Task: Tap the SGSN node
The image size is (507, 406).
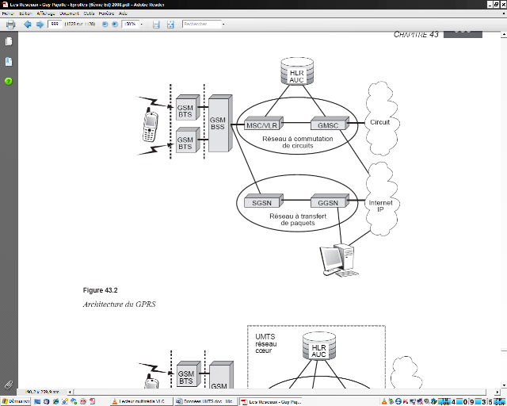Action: [262, 203]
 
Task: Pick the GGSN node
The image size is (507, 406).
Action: [324, 203]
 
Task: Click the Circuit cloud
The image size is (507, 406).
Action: [380, 122]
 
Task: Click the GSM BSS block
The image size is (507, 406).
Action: [219, 123]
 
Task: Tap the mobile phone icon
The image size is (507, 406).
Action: [151, 127]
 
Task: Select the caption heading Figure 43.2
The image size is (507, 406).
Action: [99, 290]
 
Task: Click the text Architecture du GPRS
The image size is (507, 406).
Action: [114, 304]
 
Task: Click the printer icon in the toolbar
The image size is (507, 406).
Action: [10, 25]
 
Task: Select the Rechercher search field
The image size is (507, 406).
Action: [200, 25]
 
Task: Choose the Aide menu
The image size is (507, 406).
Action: [124, 13]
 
